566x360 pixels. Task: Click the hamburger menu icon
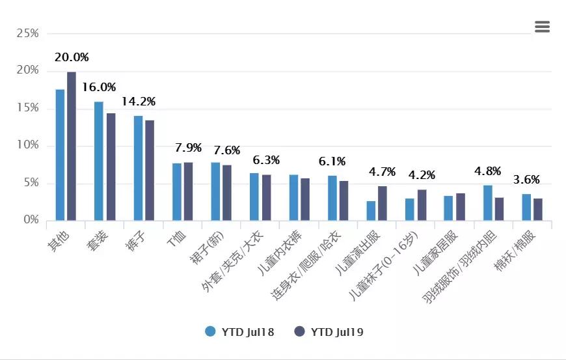tap(542, 27)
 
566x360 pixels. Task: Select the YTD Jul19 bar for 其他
tap(72, 146)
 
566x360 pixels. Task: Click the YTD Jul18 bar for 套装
tap(99, 161)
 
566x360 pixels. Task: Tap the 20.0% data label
tap(72, 57)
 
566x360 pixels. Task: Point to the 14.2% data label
tap(139, 102)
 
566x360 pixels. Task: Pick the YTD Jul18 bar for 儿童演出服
tap(371, 210)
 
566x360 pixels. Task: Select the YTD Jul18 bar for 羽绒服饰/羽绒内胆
tap(487, 202)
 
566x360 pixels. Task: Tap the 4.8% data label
tap(487, 172)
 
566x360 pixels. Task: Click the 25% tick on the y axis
tap(28, 33)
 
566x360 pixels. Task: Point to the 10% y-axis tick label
tap(28, 145)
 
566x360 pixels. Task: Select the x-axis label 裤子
tap(139, 240)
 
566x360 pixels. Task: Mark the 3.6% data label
tap(526, 180)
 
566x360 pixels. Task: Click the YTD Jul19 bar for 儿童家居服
tap(461, 206)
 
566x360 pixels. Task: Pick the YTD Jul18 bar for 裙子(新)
tap(215, 191)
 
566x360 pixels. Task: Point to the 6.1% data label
tap(332, 161)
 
